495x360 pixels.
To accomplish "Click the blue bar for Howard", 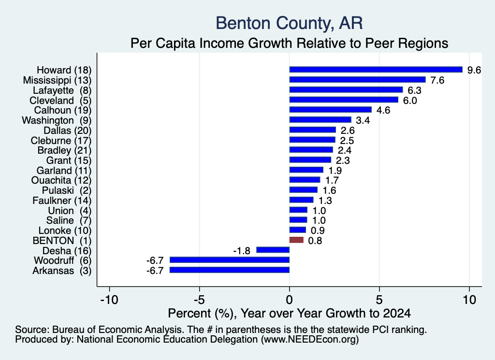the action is point(376,70).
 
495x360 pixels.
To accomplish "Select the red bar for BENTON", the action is point(296,240).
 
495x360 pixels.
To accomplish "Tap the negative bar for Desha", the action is point(273,250).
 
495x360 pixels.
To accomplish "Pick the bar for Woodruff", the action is point(230,260).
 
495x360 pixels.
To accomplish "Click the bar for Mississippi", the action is point(357,80).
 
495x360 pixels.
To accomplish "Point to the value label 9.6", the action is point(474,70).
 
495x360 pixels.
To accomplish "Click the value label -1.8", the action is point(242,251).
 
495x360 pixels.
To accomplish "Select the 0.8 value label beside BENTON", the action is point(315,241).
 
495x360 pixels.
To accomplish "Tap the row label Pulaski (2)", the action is point(67,190).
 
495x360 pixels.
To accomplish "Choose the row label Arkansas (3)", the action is point(62,271).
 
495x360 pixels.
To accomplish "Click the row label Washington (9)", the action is point(57,120).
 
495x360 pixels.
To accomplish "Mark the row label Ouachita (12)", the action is point(61,180).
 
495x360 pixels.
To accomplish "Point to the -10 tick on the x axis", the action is point(109,299).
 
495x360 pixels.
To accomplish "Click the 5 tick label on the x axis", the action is point(379,299).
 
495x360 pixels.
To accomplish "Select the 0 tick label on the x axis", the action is point(290,299).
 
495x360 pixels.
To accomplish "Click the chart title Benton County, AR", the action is point(289,23).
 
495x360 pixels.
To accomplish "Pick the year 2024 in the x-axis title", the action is point(397,313).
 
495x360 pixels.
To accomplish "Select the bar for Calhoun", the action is point(331,110).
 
